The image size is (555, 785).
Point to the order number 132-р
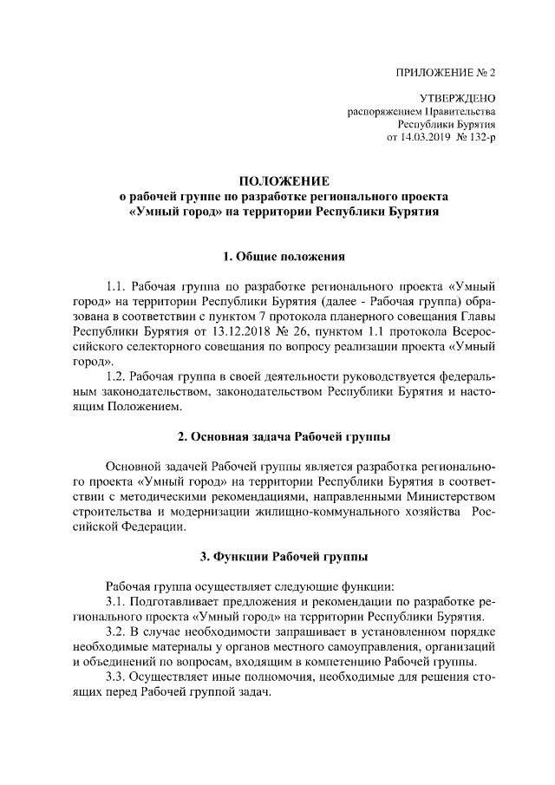click(x=480, y=137)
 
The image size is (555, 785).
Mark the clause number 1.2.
click(x=116, y=376)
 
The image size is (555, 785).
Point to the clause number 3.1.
click(x=116, y=601)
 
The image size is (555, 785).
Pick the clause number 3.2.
click(x=116, y=631)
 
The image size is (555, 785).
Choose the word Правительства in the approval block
click(x=462, y=112)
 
